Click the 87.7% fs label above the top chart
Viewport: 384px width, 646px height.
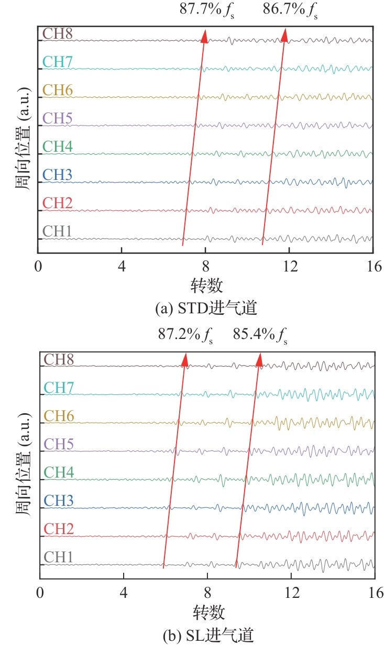pyautogui.click(x=207, y=10)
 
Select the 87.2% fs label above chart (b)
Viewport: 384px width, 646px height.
pyautogui.click(x=185, y=335)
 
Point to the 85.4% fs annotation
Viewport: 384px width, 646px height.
pyautogui.click(x=261, y=335)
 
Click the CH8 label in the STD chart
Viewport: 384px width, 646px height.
pyautogui.click(x=57, y=33)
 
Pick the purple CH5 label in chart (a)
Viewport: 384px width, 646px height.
pyautogui.click(x=57, y=118)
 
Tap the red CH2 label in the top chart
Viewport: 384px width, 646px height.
pyautogui.click(x=57, y=203)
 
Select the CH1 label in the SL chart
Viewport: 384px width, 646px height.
pyautogui.click(x=59, y=557)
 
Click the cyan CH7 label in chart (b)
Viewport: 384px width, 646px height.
pyautogui.click(x=59, y=388)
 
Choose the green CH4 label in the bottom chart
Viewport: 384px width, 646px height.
pyautogui.click(x=59, y=472)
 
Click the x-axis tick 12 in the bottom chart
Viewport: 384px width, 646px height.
pyautogui.click(x=291, y=593)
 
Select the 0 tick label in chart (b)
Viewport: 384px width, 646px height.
pyautogui.click(x=40, y=593)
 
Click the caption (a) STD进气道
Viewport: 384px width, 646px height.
pyautogui.click(x=206, y=309)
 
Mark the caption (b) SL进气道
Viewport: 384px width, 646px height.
pyautogui.click(x=208, y=636)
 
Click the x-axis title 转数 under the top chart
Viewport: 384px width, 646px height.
pyautogui.click(x=206, y=286)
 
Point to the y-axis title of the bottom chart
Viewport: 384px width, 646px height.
pyautogui.click(x=21, y=466)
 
